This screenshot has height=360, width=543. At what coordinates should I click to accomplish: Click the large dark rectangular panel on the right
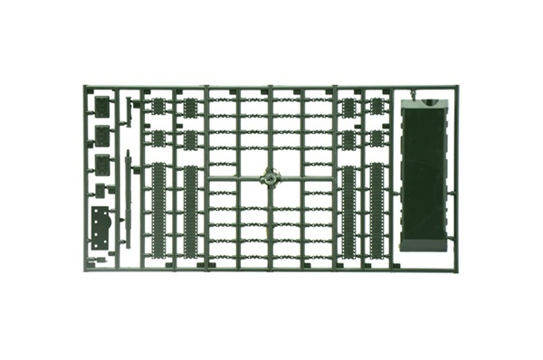click(424, 177)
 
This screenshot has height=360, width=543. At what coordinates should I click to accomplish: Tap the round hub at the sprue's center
click(270, 177)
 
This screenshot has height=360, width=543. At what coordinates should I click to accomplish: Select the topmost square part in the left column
click(102, 106)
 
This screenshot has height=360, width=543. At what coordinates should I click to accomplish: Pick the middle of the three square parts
click(102, 136)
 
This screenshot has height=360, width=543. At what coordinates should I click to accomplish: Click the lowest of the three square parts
click(102, 165)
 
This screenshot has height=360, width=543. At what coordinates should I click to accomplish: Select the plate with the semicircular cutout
click(100, 226)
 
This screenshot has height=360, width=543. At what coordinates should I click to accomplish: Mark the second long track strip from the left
click(190, 209)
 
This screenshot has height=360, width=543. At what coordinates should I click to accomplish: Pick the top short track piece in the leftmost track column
click(158, 107)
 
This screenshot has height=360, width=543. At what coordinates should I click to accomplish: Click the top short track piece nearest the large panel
click(377, 107)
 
